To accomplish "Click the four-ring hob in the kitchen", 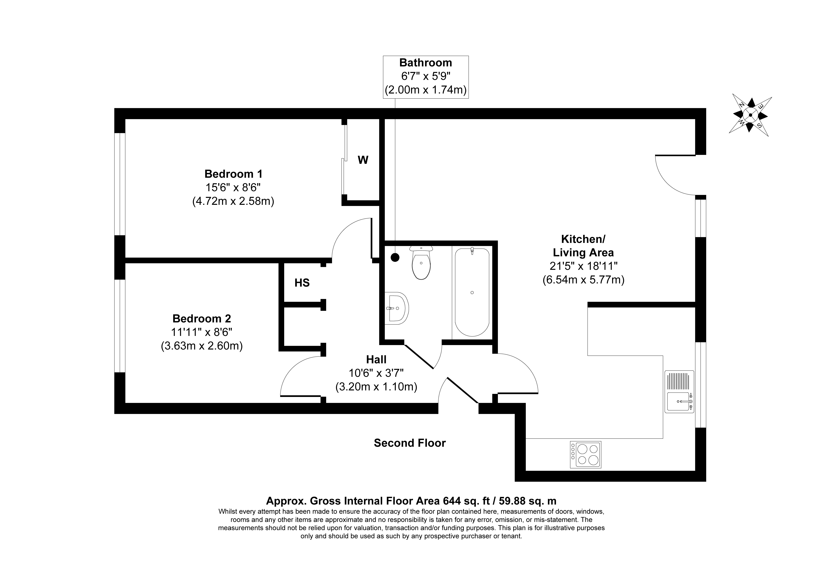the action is click(585, 455).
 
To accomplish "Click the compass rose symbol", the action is click(750, 115).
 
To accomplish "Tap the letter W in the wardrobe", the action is click(363, 160).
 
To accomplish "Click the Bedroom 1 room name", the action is click(233, 174).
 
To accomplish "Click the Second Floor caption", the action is click(410, 443).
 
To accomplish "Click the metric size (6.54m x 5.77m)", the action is click(583, 280).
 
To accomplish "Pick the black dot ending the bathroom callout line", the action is click(395, 257).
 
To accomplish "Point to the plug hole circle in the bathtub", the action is click(472, 293).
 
